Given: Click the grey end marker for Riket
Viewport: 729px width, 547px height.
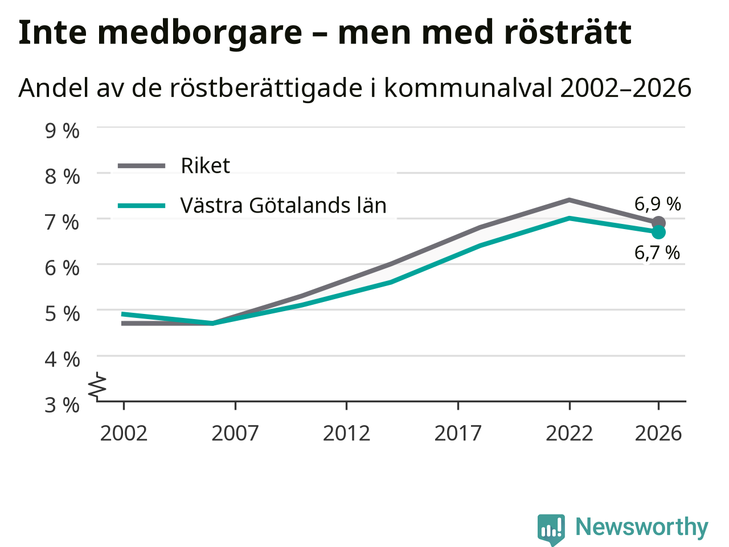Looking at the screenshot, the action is [658, 223].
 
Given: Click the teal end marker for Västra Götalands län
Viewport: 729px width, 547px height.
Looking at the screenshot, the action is [658, 232].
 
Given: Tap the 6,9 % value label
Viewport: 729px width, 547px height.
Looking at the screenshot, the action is [657, 204].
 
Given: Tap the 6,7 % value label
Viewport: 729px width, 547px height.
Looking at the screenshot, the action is [657, 253].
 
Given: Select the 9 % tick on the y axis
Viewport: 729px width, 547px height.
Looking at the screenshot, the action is [62, 131].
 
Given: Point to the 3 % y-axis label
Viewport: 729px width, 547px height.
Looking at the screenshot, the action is [62, 405].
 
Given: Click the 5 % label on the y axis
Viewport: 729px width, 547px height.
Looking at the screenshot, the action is [62, 314].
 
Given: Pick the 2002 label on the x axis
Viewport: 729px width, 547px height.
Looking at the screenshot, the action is [124, 433].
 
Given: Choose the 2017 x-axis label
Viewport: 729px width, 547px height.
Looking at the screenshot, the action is [458, 433].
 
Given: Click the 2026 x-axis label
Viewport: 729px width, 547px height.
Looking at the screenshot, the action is [658, 433].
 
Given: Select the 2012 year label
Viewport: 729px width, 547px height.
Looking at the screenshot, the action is [346, 433].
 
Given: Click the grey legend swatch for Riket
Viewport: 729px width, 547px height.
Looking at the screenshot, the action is [141, 166].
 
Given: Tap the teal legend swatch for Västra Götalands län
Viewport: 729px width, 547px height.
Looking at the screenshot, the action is [141, 206].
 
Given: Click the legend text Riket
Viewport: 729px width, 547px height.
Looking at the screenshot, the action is [205, 165].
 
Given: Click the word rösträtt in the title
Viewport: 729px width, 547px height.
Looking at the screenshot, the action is [568, 32].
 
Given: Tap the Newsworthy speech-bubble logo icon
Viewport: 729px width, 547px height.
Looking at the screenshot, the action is [551, 529].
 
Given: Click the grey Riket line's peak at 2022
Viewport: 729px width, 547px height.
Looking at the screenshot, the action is [570, 200].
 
